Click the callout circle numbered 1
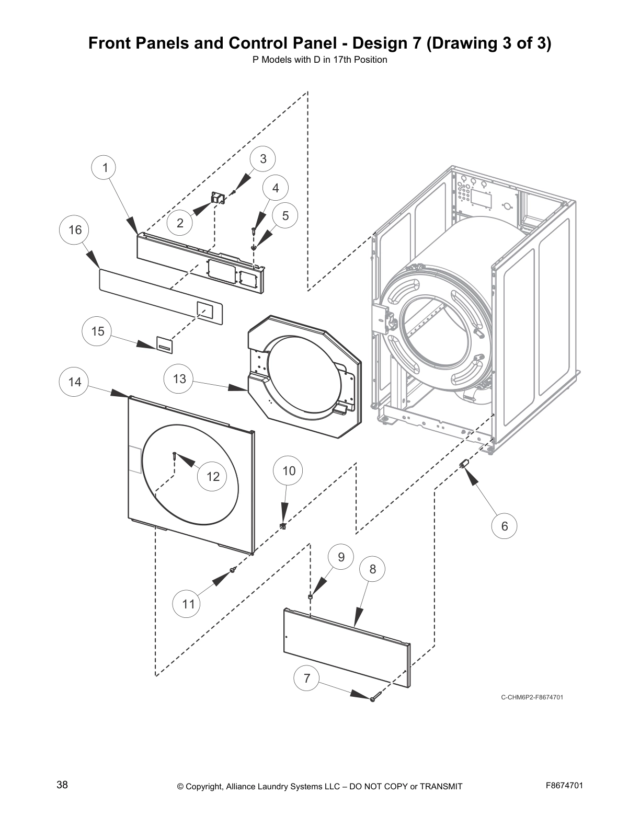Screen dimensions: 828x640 pyautogui.click(x=105, y=168)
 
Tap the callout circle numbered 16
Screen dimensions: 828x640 pyautogui.click(x=75, y=230)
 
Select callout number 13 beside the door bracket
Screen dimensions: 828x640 pyautogui.click(x=179, y=379)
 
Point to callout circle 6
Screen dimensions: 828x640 pyautogui.click(x=505, y=526)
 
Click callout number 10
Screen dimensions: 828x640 pyautogui.click(x=289, y=471)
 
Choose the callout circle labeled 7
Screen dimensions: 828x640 pyautogui.click(x=307, y=678)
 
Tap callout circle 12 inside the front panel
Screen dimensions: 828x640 pyautogui.click(x=213, y=476)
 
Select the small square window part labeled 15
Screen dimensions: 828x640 pyautogui.click(x=164, y=344)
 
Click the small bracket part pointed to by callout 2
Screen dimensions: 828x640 pyautogui.click(x=217, y=198)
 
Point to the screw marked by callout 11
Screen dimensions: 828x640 pyautogui.click(x=233, y=570)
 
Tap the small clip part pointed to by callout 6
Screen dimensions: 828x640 pyautogui.click(x=463, y=464)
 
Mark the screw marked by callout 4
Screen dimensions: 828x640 pyautogui.click(x=253, y=228)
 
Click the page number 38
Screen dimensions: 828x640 pyautogui.click(x=62, y=785)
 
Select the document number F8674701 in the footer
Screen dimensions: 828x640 pyautogui.click(x=564, y=785)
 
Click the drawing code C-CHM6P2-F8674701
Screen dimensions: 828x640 pyautogui.click(x=532, y=697)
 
